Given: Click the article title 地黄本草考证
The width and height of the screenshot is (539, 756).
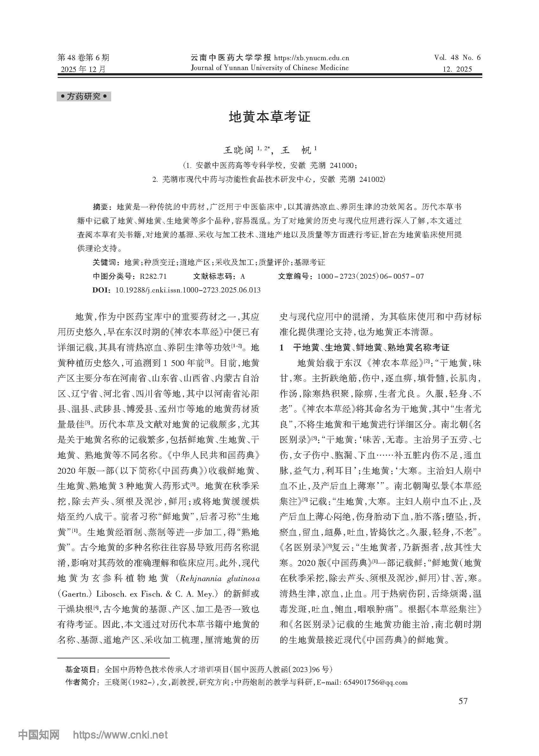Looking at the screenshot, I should point(269,117).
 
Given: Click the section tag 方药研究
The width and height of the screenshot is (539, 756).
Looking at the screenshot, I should point(84,97).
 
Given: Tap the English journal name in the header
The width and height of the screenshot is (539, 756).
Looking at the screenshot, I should point(269,68).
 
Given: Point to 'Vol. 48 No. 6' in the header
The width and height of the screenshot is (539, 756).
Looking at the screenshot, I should point(457,58).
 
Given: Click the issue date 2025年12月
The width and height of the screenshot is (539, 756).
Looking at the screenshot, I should point(83,69).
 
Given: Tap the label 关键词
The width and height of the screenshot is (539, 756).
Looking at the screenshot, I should point(104,263).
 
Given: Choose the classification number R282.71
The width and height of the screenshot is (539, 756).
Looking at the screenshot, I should point(153,276).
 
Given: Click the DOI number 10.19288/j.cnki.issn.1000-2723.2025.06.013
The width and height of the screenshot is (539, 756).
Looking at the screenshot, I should point(188,290).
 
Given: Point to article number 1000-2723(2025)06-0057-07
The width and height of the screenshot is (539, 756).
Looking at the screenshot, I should point(370,276).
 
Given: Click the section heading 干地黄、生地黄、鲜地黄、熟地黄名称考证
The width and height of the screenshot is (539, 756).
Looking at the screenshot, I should point(371,348).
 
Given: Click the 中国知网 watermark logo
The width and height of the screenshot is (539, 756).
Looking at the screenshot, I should point(39,735).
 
